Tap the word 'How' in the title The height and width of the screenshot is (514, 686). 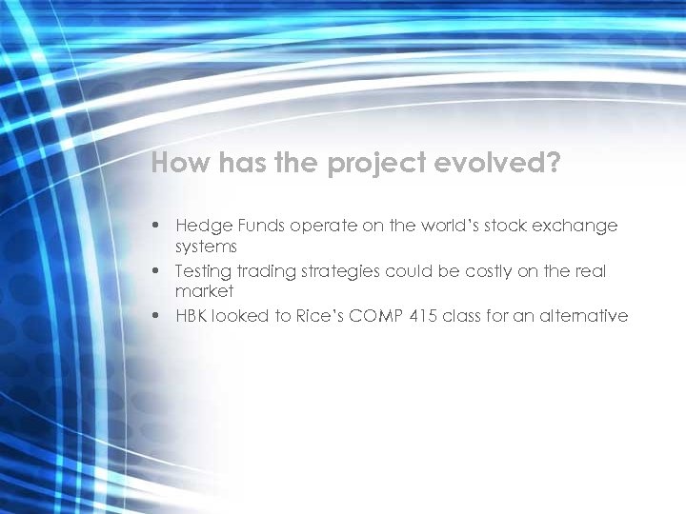tap(181, 164)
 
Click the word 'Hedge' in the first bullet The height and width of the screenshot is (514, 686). tap(200, 227)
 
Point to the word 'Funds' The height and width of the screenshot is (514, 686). tap(257, 227)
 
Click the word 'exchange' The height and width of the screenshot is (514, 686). tap(576, 227)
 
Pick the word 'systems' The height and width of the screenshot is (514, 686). tap(206, 247)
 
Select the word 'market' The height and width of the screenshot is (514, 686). tap(204, 291)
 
